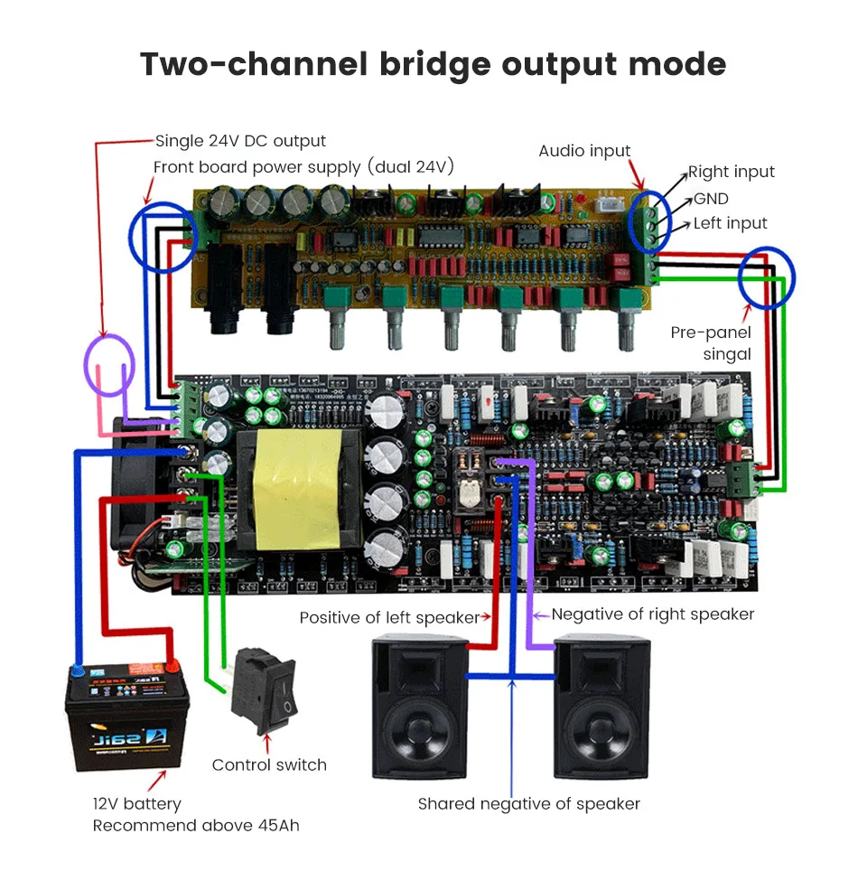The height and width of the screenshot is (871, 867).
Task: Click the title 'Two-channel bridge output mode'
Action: (x=433, y=65)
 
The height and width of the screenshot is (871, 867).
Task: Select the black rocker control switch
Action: (x=264, y=691)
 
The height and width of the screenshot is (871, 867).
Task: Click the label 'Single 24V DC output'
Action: (x=240, y=141)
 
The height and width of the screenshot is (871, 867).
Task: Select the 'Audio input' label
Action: (x=584, y=151)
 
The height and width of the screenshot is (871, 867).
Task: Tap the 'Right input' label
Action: (x=731, y=172)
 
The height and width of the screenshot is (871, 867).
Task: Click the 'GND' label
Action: (x=711, y=199)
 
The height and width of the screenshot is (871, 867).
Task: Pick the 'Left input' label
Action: (x=730, y=223)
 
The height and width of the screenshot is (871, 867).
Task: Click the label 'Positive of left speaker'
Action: (x=389, y=618)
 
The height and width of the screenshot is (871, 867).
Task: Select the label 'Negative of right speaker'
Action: (x=652, y=614)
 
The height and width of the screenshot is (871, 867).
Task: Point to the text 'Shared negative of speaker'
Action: (x=528, y=803)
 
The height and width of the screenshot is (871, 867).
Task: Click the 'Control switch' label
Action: (x=269, y=765)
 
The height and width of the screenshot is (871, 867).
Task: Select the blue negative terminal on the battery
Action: (x=78, y=670)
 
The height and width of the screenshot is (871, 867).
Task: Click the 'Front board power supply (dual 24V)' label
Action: (x=303, y=167)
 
